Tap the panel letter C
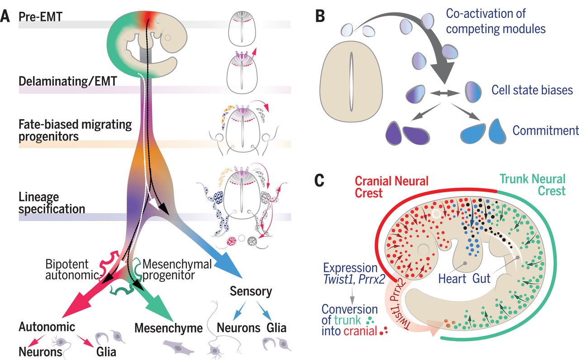320,180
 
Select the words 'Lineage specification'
52,203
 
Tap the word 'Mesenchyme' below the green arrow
168,328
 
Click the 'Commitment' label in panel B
546,130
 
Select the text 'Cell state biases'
532,90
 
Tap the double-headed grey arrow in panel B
442,93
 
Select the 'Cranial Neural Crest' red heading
391,187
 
